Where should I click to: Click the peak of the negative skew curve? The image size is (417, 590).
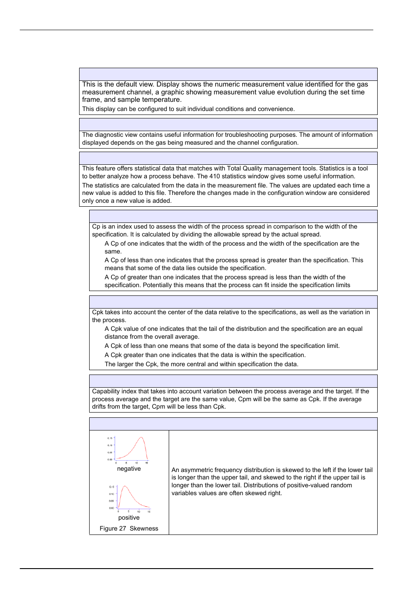tap(141, 437)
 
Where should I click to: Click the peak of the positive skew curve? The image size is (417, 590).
tap(125, 486)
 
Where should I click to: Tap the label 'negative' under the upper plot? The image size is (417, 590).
tap(129, 469)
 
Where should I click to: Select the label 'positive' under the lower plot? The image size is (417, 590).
tap(129, 517)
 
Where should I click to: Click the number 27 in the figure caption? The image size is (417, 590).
tap(122, 528)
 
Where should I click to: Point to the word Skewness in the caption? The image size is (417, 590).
tap(144, 528)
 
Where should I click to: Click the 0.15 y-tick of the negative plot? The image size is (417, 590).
tap(110, 438)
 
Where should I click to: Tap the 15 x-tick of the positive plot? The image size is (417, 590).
tap(149, 511)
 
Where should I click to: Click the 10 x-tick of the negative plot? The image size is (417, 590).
tap(136, 462)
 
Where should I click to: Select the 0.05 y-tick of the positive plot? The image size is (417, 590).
tap(111, 501)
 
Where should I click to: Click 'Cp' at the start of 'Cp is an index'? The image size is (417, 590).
tap(96, 226)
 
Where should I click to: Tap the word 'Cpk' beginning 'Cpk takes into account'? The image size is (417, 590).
tap(98, 312)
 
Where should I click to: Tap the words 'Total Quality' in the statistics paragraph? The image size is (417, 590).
tap(245, 168)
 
